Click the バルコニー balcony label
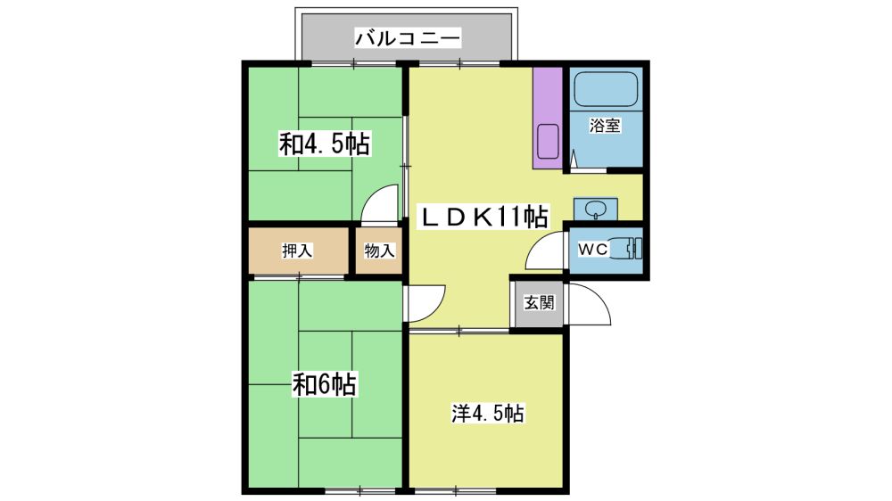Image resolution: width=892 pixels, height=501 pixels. pos(408,38)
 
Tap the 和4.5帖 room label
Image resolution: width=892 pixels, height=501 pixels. pos(325,144)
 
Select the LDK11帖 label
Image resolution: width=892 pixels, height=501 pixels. pos(483,218)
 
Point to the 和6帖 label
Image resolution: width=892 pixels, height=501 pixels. pos(325,384)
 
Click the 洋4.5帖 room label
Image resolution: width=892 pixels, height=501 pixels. pos(488,414)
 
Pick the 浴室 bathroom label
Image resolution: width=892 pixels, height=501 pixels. pos(605,125)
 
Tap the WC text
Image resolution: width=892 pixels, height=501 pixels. pos(593,249)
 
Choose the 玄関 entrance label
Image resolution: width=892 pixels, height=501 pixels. pos(539,302)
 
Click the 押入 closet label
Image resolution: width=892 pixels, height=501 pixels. pos(298,250)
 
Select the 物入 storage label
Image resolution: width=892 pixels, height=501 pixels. pos(379,250)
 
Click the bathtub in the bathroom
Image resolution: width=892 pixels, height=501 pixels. pos(606,89)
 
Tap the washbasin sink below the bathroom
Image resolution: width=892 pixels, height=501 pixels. pos(596,209)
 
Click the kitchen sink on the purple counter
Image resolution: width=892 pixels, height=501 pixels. pos(549,141)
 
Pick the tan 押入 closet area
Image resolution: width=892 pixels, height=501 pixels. pos(298,250)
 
